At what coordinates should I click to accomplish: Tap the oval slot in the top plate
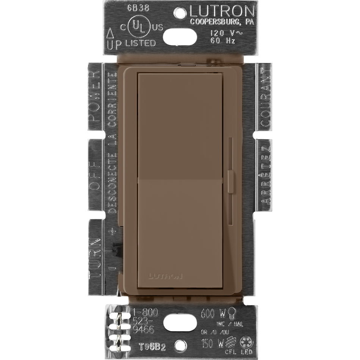point(180,36)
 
